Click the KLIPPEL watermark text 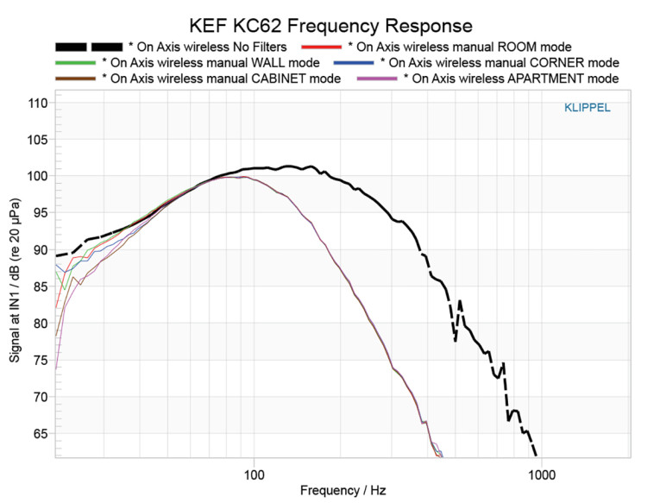(x=586, y=108)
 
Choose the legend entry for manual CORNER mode (x=500, y=62)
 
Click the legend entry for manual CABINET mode (x=221, y=79)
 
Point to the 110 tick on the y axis (x=37, y=103)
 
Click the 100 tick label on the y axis (x=37, y=176)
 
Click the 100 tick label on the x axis (x=253, y=474)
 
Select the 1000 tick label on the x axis (x=541, y=474)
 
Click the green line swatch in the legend (x=73, y=62)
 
